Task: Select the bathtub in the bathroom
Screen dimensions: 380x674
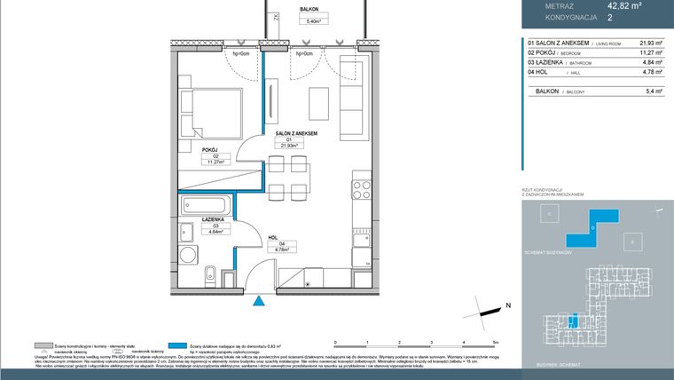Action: click(208, 207)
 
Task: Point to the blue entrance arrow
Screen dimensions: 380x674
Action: click(260, 302)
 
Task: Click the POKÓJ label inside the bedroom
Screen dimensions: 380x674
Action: click(209, 150)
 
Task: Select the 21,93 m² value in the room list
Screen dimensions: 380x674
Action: click(651, 42)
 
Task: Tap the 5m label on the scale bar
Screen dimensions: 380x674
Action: click(497, 342)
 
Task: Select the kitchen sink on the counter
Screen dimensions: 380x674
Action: click(360, 239)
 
